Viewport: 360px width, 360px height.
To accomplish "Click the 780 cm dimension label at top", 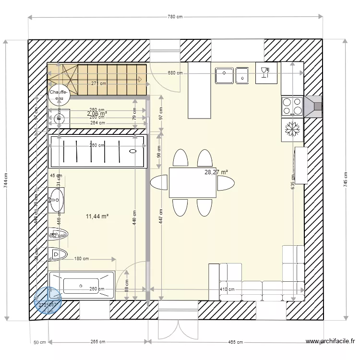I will [x=175, y=17].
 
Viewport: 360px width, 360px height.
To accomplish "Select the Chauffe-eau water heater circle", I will [x=59, y=95].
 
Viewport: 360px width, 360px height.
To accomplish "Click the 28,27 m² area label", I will [x=216, y=172].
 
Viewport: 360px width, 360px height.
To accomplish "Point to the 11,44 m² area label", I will [x=97, y=216].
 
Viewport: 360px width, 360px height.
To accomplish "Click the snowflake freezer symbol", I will [x=292, y=129].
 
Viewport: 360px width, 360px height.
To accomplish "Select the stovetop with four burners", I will [x=292, y=107].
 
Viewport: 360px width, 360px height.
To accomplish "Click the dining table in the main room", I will [x=192, y=182].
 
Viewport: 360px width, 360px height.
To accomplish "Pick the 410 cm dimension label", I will [x=227, y=289].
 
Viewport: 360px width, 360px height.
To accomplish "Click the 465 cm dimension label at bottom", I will [x=235, y=342].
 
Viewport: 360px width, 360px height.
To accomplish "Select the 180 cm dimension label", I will [x=82, y=259].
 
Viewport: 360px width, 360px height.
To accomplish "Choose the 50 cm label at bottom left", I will [x=39, y=342].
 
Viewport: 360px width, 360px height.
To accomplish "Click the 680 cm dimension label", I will [x=175, y=73].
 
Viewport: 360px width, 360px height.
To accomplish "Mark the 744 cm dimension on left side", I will [x=6, y=180].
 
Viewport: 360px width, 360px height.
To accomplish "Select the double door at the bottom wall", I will [x=178, y=323].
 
